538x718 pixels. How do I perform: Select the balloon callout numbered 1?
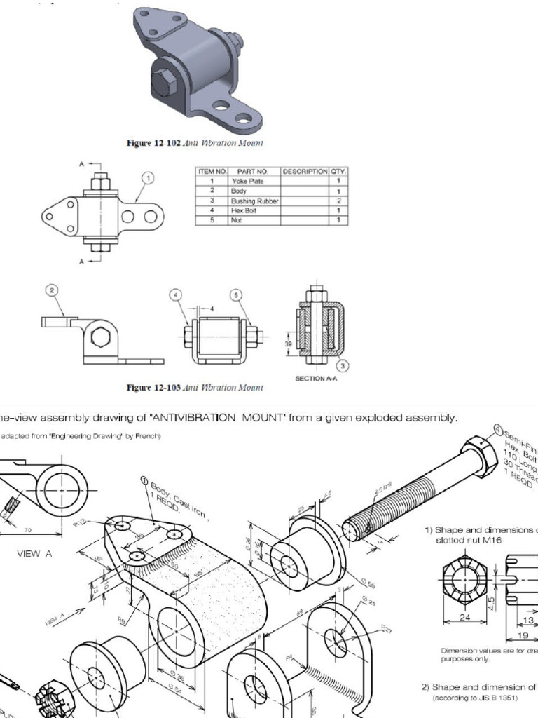(148, 179)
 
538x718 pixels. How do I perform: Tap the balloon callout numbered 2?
(50, 290)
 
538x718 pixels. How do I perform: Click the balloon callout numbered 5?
(237, 295)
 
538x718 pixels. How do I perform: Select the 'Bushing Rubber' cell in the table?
(254, 201)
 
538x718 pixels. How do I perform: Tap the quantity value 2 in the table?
(338, 201)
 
